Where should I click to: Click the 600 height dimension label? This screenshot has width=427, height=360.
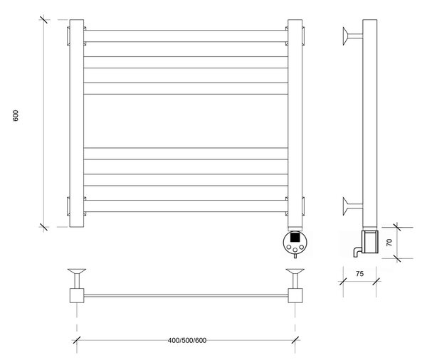[16, 116]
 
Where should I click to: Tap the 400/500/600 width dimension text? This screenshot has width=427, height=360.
[187, 340]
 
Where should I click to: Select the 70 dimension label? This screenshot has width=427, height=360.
[389, 243]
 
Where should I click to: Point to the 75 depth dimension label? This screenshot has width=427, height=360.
[359, 274]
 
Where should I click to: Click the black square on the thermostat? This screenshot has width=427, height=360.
[295, 237]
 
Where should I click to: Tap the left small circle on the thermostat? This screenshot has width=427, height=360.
[289, 248]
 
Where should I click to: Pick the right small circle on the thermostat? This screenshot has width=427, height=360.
[301, 248]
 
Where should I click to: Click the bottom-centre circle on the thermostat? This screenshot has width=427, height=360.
[295, 250]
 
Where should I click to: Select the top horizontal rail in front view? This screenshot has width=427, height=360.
[186, 36]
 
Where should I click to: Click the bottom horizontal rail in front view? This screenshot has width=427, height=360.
[186, 206]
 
